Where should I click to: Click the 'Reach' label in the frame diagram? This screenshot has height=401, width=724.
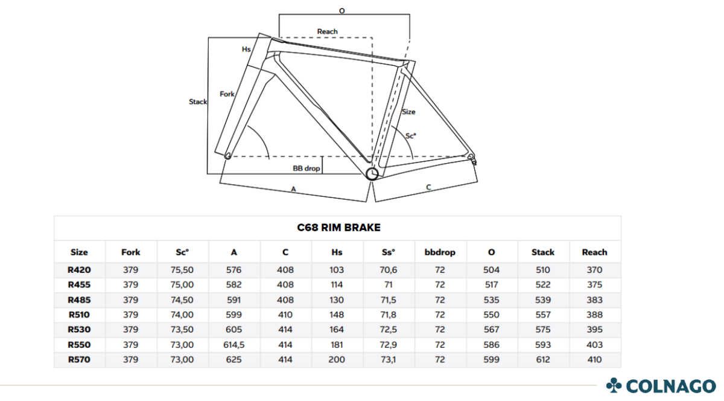pos(327,31)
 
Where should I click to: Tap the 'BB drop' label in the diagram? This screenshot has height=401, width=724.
pos(306,168)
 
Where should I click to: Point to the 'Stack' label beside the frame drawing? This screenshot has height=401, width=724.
pos(198,101)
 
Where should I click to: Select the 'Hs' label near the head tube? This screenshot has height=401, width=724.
pos(246,49)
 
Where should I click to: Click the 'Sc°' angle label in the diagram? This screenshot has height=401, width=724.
pos(410,136)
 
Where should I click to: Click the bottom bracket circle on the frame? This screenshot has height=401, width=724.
pos(372,174)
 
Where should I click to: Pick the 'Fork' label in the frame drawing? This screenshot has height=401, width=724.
pos(227,94)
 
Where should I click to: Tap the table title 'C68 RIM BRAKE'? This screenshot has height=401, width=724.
pos(338,228)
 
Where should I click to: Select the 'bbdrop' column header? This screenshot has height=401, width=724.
pos(440,252)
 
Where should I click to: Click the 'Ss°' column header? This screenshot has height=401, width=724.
pos(388,252)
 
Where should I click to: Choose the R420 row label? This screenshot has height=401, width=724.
pos(79,270)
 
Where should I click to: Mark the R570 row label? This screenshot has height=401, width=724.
pos(79,359)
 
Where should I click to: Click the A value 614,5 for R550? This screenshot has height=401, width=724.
pos(233,345)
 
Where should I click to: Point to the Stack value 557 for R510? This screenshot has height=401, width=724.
pos(542,315)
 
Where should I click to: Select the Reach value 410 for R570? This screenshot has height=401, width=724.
pos(594,359)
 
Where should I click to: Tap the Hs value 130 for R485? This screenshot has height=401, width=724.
pos(337,300)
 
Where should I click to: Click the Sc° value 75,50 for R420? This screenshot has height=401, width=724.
pos(182,270)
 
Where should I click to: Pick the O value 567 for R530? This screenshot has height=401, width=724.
pos(491,330)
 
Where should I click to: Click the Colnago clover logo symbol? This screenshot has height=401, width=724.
pos(614,385)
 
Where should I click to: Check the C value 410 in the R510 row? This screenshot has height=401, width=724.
pos(285,315)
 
